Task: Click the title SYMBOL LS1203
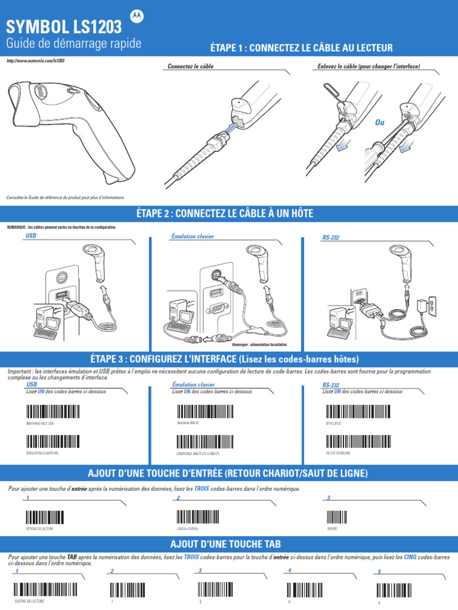pos(64,27)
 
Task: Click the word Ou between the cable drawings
pos(379,122)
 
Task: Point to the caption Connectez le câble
pos(191,67)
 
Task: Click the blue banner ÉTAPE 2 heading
pos(229,214)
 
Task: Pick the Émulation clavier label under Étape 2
pos(193,236)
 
